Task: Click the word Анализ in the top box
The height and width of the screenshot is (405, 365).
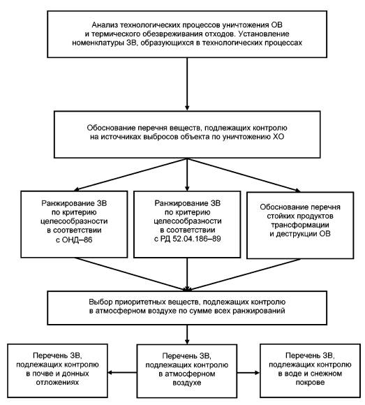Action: (x=105, y=25)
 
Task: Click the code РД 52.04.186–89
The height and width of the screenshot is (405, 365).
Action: (x=191, y=238)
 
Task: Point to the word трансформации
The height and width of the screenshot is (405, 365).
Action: (x=300, y=225)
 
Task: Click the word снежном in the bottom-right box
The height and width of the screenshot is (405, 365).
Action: (x=327, y=374)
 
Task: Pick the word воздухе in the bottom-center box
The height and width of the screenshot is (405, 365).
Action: (x=187, y=382)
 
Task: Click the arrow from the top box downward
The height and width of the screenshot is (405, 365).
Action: (x=187, y=84)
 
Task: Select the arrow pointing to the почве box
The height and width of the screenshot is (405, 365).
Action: (x=122, y=372)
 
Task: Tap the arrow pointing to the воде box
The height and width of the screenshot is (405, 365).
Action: (x=248, y=372)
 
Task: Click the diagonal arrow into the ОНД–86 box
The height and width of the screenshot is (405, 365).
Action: (x=131, y=175)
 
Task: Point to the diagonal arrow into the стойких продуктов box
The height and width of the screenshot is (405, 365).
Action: (x=244, y=175)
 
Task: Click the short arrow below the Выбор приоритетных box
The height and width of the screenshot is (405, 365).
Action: (x=187, y=334)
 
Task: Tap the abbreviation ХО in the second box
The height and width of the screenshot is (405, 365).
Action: (x=278, y=137)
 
